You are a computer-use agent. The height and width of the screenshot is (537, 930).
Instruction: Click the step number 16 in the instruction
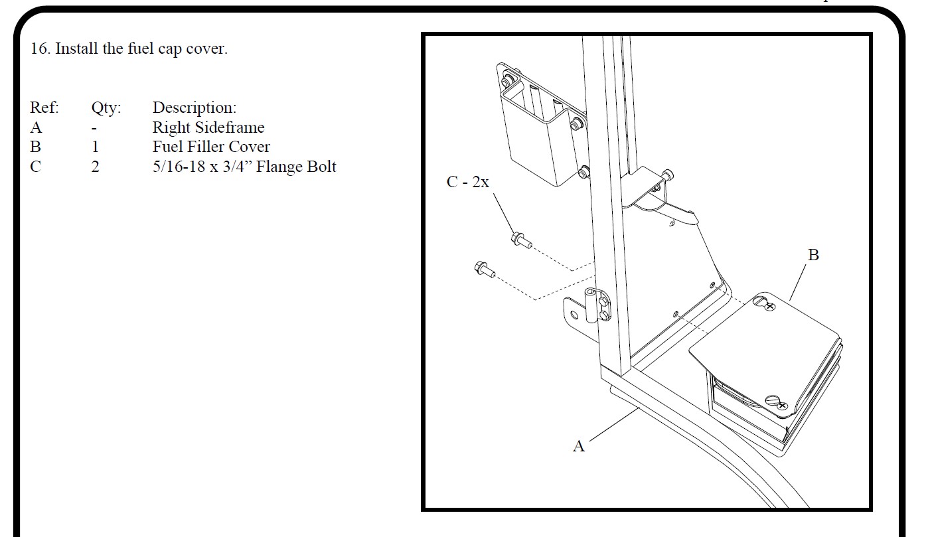tap(40, 48)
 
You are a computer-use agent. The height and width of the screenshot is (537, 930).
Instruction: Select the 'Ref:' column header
tap(44, 108)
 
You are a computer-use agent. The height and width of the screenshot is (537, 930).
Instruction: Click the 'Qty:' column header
tap(106, 108)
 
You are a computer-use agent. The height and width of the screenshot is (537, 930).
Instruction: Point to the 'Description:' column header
tap(194, 108)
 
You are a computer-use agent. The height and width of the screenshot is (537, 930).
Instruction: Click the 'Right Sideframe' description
tap(208, 127)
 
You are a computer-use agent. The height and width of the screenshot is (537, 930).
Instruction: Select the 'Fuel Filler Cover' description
tap(211, 147)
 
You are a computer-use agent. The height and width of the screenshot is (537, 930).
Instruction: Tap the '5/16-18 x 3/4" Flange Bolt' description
tap(244, 167)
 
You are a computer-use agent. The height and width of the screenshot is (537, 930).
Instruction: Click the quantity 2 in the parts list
tap(96, 167)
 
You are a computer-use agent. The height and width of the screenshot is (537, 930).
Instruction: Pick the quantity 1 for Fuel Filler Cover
tap(96, 147)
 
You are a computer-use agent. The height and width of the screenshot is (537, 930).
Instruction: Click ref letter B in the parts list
tap(36, 147)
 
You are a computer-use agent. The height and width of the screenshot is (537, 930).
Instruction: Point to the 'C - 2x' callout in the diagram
tap(467, 182)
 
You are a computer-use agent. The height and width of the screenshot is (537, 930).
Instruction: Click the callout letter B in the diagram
tap(813, 255)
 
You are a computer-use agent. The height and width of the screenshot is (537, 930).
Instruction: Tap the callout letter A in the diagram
tap(579, 446)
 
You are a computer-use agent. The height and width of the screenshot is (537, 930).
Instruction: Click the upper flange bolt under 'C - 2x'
tap(522, 240)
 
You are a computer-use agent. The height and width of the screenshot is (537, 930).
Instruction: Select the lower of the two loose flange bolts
tap(485, 269)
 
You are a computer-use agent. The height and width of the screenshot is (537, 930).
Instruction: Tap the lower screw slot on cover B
tap(773, 400)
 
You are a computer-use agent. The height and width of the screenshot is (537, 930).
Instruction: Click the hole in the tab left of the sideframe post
tap(575, 315)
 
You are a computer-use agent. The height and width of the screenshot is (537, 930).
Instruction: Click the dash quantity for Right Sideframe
tap(94, 129)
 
